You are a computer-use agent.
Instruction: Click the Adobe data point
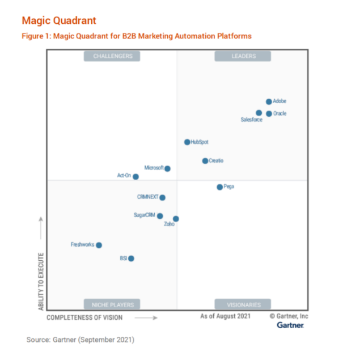click(x=269, y=102)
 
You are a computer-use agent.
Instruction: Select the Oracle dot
click(x=269, y=113)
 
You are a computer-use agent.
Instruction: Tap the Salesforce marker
click(x=259, y=113)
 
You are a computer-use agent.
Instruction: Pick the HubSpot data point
click(x=187, y=142)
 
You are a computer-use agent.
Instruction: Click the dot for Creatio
click(x=205, y=161)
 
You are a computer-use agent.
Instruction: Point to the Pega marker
click(x=219, y=187)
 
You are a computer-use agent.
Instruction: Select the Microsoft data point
click(x=167, y=168)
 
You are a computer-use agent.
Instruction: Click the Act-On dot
click(x=135, y=177)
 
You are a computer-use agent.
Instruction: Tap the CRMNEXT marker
click(x=162, y=198)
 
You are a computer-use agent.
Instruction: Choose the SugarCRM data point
click(x=160, y=216)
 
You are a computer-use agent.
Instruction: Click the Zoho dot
click(x=176, y=219)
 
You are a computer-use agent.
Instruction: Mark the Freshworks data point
click(x=99, y=245)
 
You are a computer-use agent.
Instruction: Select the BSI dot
click(x=131, y=259)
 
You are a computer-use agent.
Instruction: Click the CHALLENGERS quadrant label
click(x=112, y=56)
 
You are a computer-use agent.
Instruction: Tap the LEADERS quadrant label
click(x=243, y=56)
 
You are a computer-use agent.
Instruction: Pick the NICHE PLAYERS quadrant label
click(x=112, y=304)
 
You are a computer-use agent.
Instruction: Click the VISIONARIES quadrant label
click(x=243, y=304)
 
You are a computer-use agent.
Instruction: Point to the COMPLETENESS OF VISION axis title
click(x=84, y=317)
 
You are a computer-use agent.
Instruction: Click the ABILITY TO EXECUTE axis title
click(x=41, y=281)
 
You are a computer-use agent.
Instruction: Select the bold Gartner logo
click(x=290, y=325)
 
